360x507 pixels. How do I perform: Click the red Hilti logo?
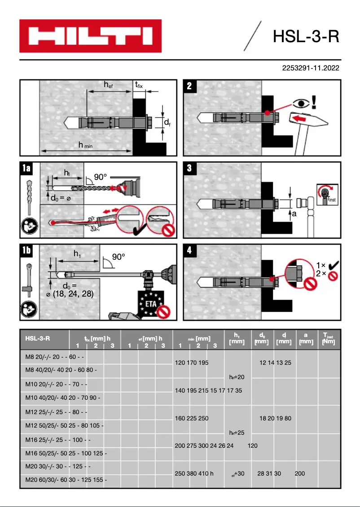(x=90, y=36)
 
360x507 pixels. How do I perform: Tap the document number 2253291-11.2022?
(x=310, y=69)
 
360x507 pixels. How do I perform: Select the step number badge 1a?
(x=26, y=168)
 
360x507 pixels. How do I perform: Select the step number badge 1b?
(x=26, y=250)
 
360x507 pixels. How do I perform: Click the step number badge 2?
(x=189, y=86)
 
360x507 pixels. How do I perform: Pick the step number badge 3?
(x=189, y=168)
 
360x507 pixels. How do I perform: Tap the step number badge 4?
(x=189, y=250)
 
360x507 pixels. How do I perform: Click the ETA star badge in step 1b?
(x=151, y=303)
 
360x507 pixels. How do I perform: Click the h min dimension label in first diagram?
(x=85, y=145)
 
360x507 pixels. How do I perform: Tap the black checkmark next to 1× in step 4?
(x=333, y=265)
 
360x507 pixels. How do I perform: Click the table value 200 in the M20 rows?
(x=300, y=473)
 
